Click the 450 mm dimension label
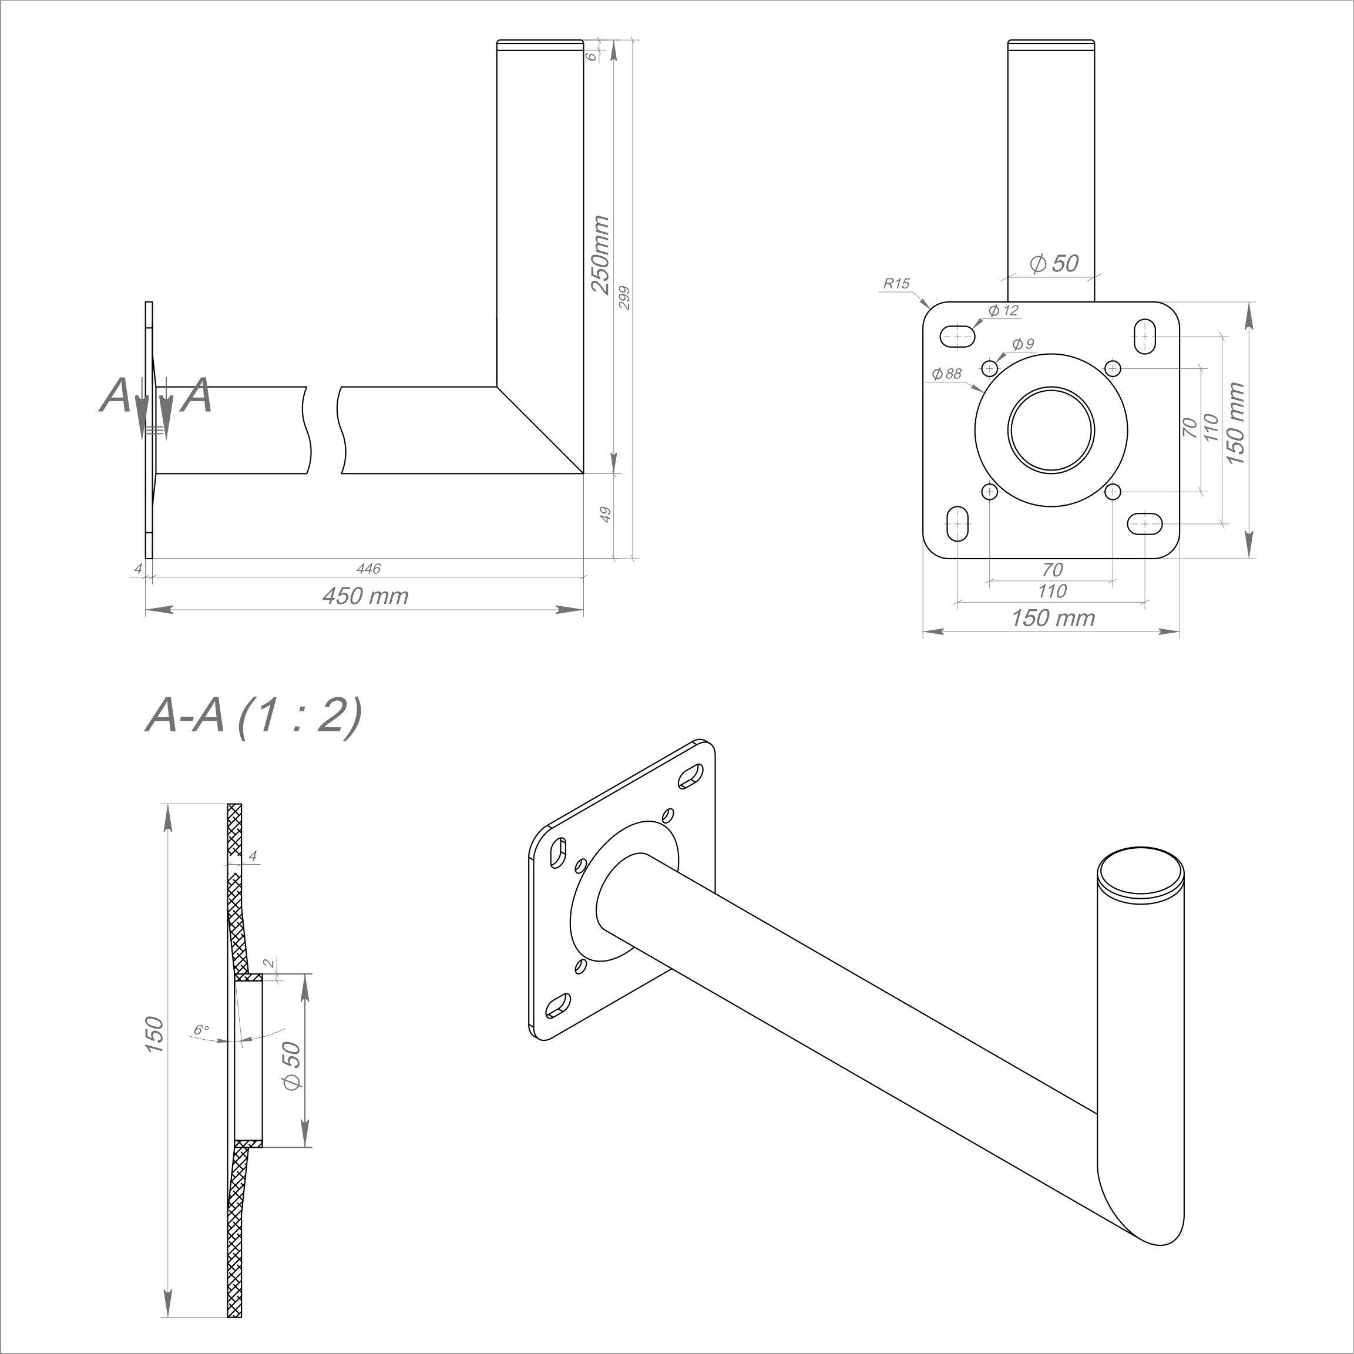[365, 596]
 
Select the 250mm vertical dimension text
[600, 254]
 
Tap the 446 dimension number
[369, 569]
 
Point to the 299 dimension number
[625, 298]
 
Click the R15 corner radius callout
[896, 283]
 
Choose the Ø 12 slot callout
[1003, 311]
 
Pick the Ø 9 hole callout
[1023, 344]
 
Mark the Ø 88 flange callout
[946, 374]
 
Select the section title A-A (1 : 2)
[254, 716]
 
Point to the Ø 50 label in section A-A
[291, 1065]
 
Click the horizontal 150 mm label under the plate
[1053, 618]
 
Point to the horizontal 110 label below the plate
[1052, 591]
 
